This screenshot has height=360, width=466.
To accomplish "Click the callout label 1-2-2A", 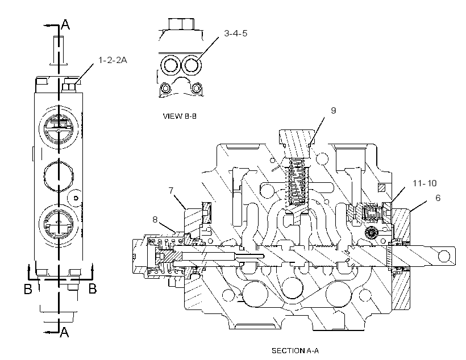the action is (x=113, y=60).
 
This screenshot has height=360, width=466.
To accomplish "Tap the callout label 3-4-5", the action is (x=236, y=34).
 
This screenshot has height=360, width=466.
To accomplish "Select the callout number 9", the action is (x=334, y=111).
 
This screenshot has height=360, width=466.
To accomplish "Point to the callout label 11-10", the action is (x=425, y=183).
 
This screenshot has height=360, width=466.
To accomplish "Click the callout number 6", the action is (x=438, y=198).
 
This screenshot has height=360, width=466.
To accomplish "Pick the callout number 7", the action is (x=171, y=191).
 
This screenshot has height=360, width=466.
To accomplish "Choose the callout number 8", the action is (x=155, y=220).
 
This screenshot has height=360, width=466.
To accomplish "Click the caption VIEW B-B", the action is (x=180, y=116).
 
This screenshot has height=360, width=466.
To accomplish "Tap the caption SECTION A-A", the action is (x=295, y=351).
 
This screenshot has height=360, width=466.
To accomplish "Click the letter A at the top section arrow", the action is (x=65, y=24).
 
